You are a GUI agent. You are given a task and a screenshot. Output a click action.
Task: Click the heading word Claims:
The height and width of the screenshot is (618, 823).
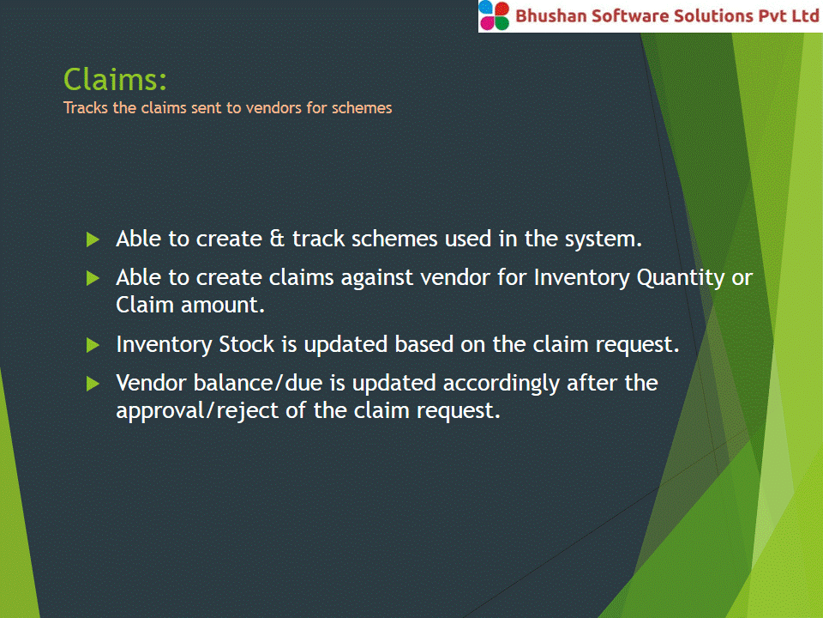(115, 79)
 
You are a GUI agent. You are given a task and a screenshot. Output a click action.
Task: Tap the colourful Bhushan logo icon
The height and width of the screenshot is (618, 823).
(494, 15)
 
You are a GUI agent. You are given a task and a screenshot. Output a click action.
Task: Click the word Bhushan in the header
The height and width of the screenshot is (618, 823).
(550, 15)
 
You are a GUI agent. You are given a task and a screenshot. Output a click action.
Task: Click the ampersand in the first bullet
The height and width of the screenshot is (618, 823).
(277, 239)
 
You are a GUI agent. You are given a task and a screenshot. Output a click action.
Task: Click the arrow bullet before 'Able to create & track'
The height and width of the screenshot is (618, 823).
(93, 239)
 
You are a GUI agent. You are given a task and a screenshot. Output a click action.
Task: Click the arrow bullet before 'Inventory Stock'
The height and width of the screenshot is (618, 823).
(93, 345)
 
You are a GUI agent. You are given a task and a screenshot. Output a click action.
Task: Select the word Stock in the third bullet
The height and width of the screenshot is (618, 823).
(246, 344)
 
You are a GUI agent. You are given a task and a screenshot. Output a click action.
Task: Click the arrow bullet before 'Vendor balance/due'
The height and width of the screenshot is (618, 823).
(93, 384)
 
